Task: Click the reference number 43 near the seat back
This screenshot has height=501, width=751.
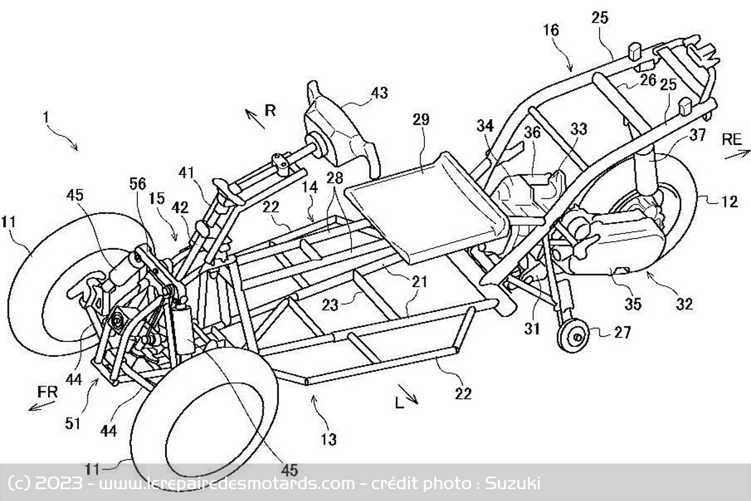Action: coord(379,93)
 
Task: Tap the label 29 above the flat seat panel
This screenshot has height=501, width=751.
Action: coord(421,120)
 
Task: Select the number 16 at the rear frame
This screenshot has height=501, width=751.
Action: coord(551,31)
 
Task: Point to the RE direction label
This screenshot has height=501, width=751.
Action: coord(731,139)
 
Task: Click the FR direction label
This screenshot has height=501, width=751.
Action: coord(48,392)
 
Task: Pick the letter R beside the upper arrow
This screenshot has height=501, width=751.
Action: coord(270,110)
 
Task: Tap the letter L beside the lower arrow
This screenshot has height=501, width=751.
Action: coord(399,403)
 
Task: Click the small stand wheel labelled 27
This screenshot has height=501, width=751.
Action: coord(573,335)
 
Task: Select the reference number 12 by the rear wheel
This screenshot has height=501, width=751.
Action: coord(729,202)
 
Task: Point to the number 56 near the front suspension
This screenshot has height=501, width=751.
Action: coord(138,184)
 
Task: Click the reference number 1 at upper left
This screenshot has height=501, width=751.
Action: coord(46,118)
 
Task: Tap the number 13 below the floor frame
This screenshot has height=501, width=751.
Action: coord(328,439)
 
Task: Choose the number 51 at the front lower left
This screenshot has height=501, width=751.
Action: coord(73,424)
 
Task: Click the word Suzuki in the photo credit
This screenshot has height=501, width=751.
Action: coord(513,483)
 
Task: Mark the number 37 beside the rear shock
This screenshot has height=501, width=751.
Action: coord(698,135)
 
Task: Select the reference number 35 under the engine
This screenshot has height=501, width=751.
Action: coord(633,304)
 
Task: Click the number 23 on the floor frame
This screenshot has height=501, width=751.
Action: coord(330,306)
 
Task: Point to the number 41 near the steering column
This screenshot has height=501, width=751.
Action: coord(186,173)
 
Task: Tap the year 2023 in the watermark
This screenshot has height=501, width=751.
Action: coord(59,483)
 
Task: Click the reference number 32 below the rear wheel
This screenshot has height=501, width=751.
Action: coord(684,304)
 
